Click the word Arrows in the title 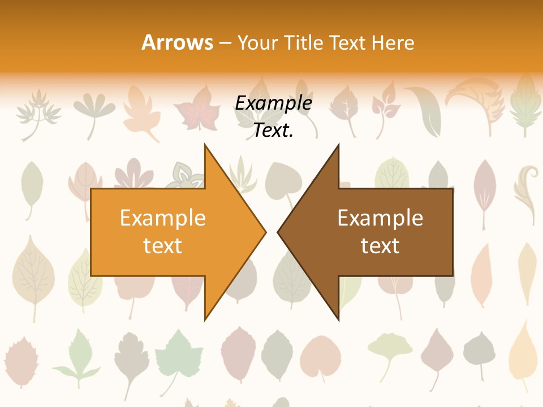pos(177,42)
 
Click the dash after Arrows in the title pos(225,43)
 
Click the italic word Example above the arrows pos(273,103)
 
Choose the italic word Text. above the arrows pos(273,131)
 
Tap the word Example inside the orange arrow pos(163,218)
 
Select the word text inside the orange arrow pos(163,246)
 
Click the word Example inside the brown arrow pos(380,218)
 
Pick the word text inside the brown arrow pos(380,246)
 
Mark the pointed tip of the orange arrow pos(265,232)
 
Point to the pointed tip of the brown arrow pos(278,232)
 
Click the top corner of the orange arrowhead pos(205,145)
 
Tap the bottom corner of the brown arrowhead pos(338,319)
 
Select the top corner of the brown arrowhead pos(338,145)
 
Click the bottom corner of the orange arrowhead pos(205,319)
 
